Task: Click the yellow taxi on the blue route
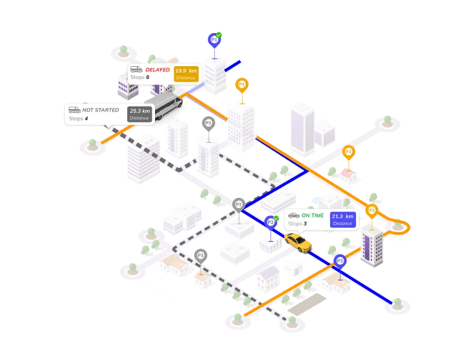(298, 242)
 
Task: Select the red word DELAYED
(158, 69)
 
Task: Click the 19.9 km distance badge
(186, 73)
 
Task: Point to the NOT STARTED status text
(101, 110)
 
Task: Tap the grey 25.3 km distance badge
(139, 114)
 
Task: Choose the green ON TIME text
(313, 215)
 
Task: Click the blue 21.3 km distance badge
(342, 219)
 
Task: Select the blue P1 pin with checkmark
(214, 40)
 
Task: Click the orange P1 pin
(241, 85)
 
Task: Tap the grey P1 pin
(208, 123)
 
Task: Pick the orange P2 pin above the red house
(348, 152)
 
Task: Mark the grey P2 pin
(238, 204)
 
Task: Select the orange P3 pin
(372, 210)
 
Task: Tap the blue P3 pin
(340, 261)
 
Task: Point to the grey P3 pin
(200, 256)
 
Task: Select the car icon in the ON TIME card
(294, 215)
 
